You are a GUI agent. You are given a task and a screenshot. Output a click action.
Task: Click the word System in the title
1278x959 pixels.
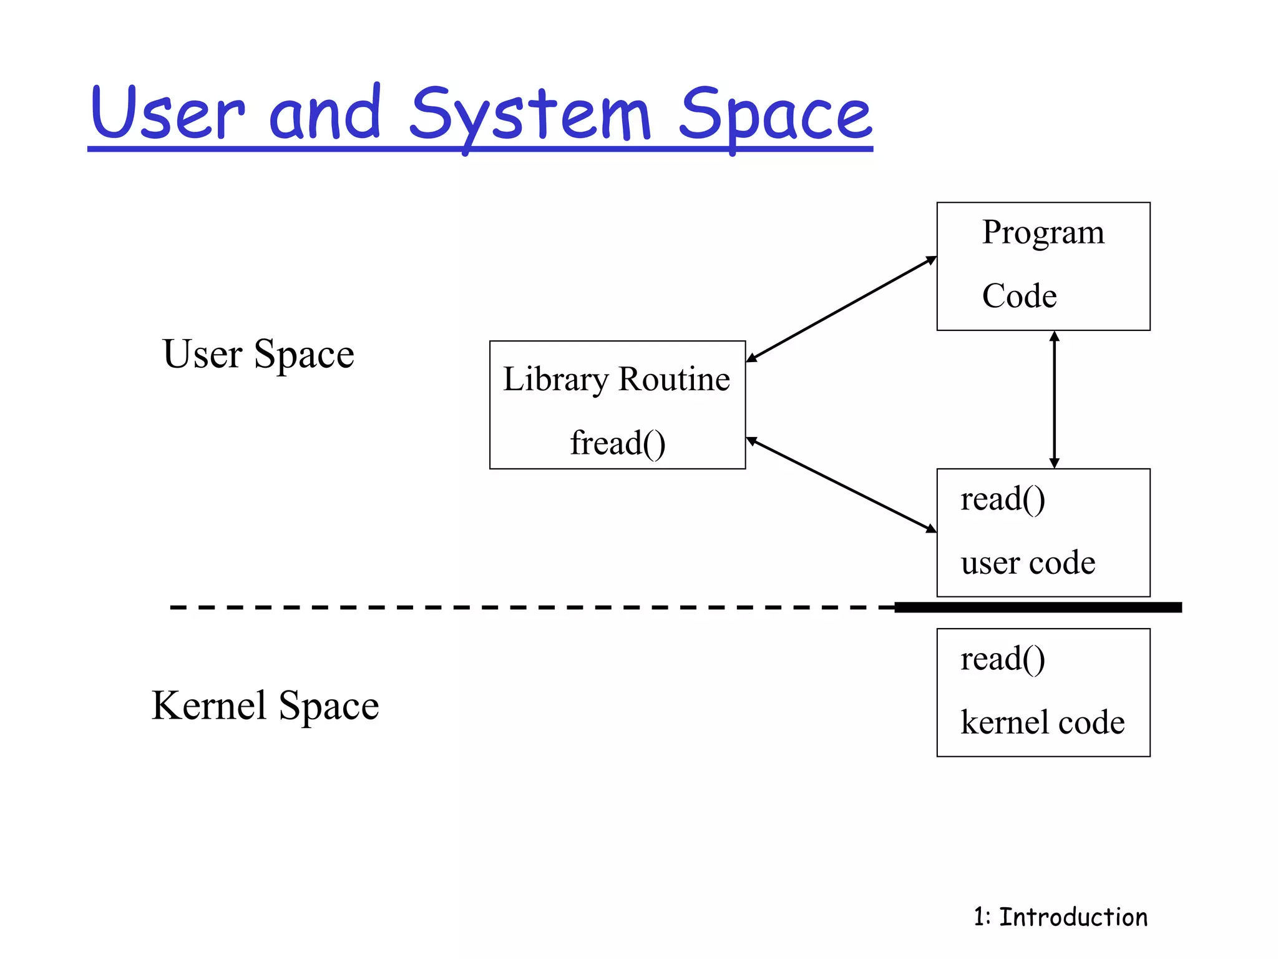[530, 116]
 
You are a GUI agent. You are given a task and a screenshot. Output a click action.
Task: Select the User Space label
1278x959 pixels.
[258, 355]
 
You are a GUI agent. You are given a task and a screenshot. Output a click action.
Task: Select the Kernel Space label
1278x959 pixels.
[265, 706]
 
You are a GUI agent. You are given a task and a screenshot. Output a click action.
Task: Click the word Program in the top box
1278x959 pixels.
[1043, 233]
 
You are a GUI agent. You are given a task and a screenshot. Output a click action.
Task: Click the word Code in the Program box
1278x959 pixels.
[1019, 296]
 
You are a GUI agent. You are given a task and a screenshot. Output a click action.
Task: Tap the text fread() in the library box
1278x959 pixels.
[617, 443]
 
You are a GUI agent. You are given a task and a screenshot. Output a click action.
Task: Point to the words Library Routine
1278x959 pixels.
[617, 380]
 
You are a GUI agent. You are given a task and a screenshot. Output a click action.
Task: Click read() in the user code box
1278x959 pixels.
[1002, 499]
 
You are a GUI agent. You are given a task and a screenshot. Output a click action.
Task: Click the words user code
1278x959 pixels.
[1028, 563]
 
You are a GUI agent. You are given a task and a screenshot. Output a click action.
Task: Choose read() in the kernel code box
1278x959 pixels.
[1002, 659]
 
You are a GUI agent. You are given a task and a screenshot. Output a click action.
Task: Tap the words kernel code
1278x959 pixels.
[1042, 723]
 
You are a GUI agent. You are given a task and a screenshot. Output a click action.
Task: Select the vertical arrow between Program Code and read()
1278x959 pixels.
[1054, 400]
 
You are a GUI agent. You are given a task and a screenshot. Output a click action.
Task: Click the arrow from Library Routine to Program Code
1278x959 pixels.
[841, 309]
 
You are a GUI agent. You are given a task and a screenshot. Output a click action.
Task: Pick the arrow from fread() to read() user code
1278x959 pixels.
[841, 485]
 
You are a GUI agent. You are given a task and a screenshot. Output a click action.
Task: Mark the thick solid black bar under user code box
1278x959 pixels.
[1038, 607]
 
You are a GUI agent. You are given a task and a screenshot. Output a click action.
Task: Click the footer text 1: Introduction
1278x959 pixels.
[1060, 917]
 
